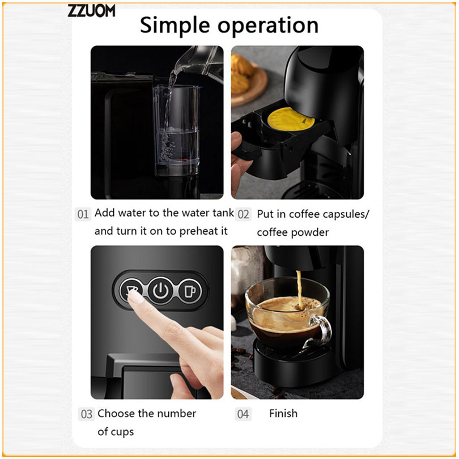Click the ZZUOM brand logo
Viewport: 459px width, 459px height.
point(91,11)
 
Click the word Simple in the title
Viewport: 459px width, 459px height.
point(175,25)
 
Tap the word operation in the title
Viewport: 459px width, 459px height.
point(268,25)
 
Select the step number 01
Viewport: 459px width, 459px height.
point(83,214)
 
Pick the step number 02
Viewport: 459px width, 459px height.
point(243,214)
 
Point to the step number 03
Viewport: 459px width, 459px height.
point(86,414)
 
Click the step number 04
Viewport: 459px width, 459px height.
point(243,414)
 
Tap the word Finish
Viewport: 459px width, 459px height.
point(283,413)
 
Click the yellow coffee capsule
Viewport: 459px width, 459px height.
point(291,120)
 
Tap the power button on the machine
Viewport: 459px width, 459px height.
point(161,291)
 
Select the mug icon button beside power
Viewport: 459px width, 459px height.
point(190,291)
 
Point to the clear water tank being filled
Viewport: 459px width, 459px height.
point(176,130)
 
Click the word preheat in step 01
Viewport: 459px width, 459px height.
point(196,232)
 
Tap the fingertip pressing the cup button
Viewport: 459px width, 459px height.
point(135,297)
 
